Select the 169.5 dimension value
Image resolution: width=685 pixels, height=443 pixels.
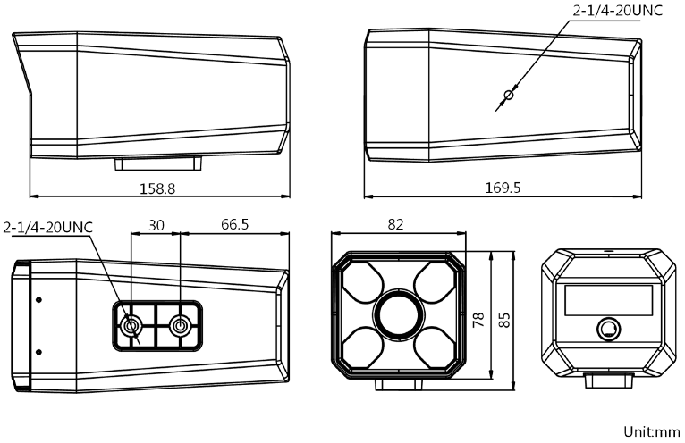pos(503,188)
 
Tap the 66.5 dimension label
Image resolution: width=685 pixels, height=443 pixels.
pos(234,226)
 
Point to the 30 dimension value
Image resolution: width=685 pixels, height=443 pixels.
pos(156,226)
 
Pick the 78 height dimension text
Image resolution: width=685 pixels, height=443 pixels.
pos(479,320)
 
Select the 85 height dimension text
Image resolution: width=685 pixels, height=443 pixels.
pos(504,320)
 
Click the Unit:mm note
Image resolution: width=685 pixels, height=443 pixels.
pos(650,432)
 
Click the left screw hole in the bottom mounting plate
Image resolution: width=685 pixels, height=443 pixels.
pos(132,326)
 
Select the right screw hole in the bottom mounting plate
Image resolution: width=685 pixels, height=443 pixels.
pos(182,326)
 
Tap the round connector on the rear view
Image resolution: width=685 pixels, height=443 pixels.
pos(608,328)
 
